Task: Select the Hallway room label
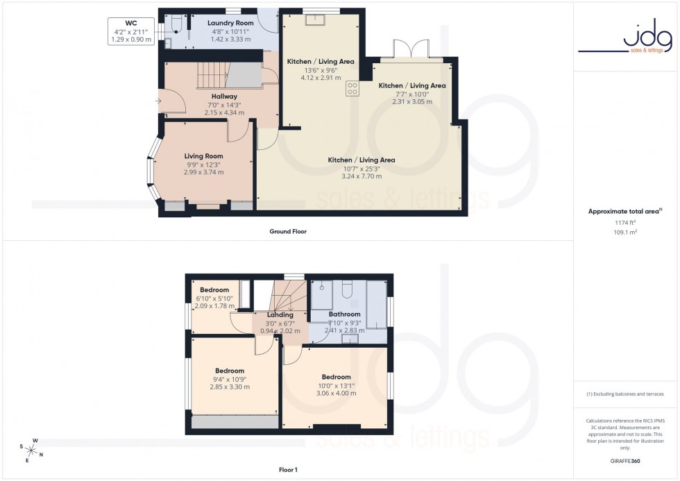(224, 96)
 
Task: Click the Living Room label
(203, 156)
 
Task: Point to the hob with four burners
(352, 88)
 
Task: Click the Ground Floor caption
(288, 232)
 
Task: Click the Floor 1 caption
(287, 470)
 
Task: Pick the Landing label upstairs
(280, 314)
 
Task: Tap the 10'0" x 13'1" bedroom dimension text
(337, 385)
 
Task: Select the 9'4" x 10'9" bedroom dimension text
(230, 379)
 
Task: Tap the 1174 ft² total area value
(625, 222)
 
